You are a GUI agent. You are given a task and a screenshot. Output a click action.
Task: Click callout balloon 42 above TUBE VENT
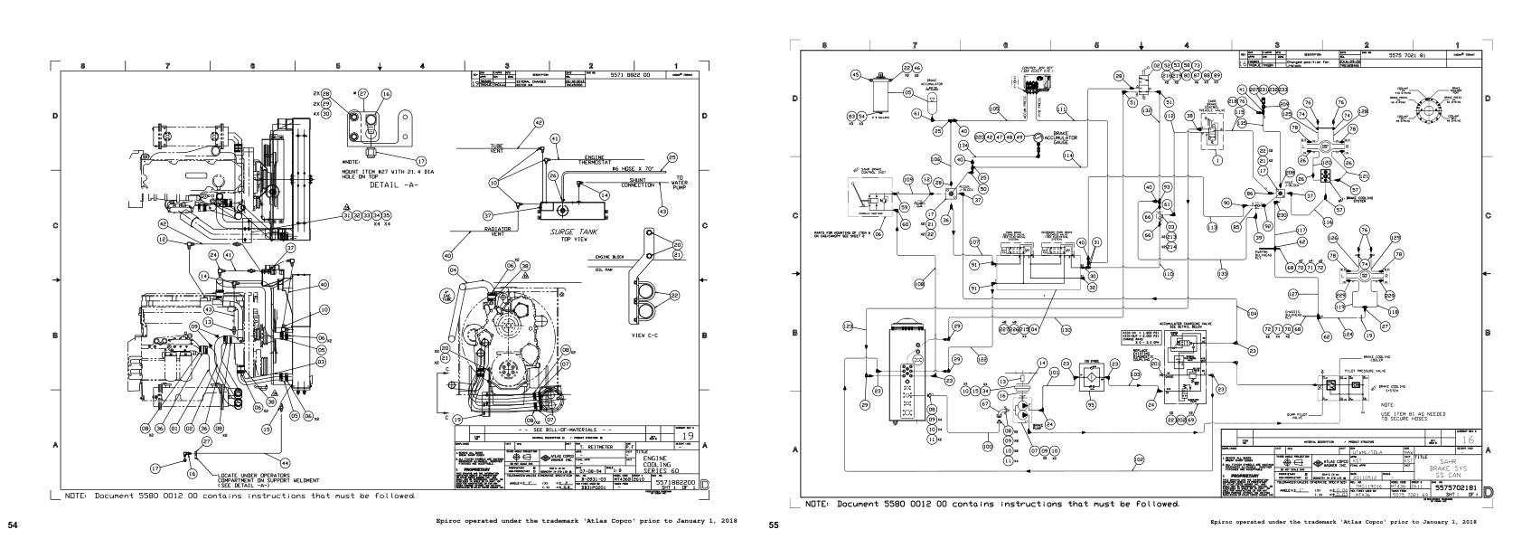click(x=539, y=122)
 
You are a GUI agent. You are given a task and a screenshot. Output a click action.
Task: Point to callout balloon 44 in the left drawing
click(x=285, y=437)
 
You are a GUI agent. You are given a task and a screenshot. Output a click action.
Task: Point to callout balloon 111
click(x=1062, y=109)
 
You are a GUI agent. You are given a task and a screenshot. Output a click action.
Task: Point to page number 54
click(x=13, y=522)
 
